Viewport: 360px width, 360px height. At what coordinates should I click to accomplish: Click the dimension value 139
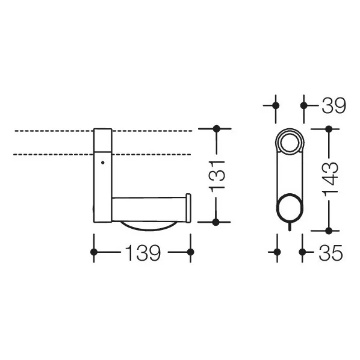click(x=143, y=253)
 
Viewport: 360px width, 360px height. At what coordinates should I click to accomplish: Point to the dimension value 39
click(x=331, y=105)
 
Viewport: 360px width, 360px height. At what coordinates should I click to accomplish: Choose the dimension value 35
click(x=331, y=253)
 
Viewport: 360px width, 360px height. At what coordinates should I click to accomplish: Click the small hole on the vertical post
click(x=102, y=163)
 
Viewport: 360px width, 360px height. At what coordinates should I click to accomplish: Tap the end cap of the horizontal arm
click(x=188, y=208)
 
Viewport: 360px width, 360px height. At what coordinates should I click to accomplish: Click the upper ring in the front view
click(x=290, y=144)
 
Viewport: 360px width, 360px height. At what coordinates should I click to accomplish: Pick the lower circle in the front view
click(x=290, y=208)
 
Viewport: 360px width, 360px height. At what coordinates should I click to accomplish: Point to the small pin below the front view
click(x=290, y=227)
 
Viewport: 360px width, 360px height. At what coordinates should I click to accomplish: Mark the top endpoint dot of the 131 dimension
click(x=217, y=129)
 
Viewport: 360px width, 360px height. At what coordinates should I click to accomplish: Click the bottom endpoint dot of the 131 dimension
click(x=217, y=222)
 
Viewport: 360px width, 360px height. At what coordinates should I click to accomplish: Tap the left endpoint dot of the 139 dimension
click(x=93, y=253)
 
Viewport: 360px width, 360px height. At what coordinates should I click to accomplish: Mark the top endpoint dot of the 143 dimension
click(x=329, y=129)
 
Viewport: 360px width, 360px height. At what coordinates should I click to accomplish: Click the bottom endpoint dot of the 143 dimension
click(x=329, y=230)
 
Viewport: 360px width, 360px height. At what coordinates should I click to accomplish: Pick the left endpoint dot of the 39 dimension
click(x=276, y=105)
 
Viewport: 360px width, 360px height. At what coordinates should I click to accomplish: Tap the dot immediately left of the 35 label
click(x=303, y=253)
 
